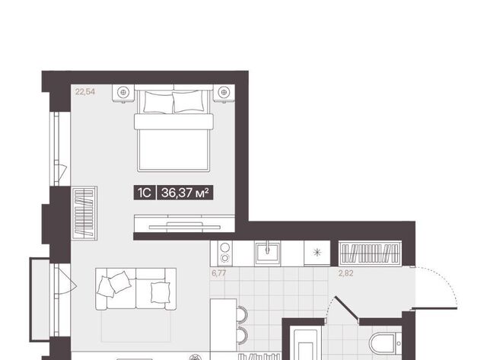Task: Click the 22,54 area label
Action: click(x=85, y=91)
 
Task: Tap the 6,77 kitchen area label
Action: click(x=218, y=273)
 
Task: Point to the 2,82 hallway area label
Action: click(x=345, y=273)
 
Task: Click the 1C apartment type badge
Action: click(x=145, y=193)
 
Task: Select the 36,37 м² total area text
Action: click(x=185, y=193)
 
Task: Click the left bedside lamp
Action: click(x=123, y=92)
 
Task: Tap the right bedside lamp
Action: click(x=224, y=92)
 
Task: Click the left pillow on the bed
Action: click(x=158, y=102)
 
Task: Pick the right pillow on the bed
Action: click(x=188, y=101)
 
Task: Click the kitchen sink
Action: click(x=267, y=253)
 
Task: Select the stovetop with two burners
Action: click(x=225, y=253)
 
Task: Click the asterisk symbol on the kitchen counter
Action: click(x=317, y=253)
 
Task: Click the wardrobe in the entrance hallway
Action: click(x=370, y=253)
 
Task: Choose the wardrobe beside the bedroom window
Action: click(x=84, y=213)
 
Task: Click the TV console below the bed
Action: click(x=184, y=223)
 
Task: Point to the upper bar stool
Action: click(x=242, y=314)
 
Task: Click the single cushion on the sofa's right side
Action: click(x=161, y=292)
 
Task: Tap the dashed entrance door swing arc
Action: click(x=441, y=281)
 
